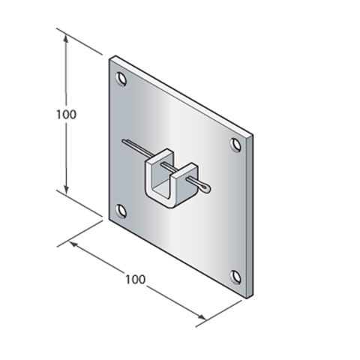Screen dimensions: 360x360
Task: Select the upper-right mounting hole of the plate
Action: (x=235, y=142)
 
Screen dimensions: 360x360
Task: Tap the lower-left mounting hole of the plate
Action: (x=120, y=210)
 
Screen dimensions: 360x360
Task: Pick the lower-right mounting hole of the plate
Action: (x=235, y=276)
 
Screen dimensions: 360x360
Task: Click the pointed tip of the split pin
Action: (x=123, y=140)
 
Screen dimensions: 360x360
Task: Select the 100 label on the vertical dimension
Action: (x=66, y=114)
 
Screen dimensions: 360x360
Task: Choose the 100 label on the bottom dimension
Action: (x=135, y=279)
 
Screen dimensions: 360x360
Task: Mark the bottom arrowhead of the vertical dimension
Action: (x=67, y=189)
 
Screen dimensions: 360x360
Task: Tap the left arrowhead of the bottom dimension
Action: (x=72, y=243)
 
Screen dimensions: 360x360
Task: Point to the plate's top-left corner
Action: (x=109, y=55)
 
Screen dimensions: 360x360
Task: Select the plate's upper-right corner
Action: (x=252, y=136)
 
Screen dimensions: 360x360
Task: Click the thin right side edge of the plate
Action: (x=250, y=217)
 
